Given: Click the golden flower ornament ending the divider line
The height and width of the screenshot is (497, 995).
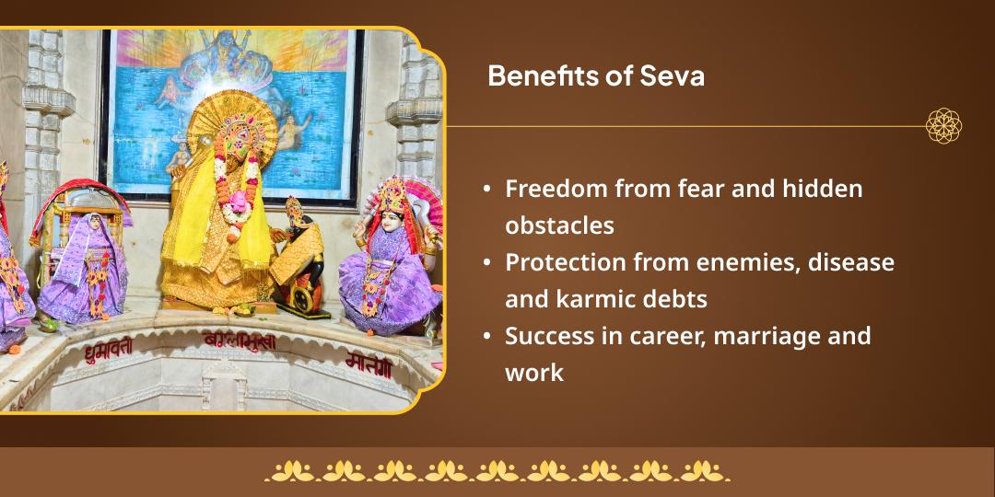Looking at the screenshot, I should pyautogui.click(x=943, y=126).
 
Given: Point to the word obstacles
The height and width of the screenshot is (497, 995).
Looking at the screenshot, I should pyautogui.click(x=559, y=225).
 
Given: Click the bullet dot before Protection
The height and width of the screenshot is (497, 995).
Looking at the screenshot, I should pyautogui.click(x=486, y=262).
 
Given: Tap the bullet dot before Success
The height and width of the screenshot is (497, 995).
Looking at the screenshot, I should pyautogui.click(x=486, y=336).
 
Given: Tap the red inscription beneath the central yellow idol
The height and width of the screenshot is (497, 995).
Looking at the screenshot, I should pyautogui.click(x=239, y=341).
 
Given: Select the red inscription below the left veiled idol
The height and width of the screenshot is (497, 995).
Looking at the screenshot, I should pyautogui.click(x=109, y=348).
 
